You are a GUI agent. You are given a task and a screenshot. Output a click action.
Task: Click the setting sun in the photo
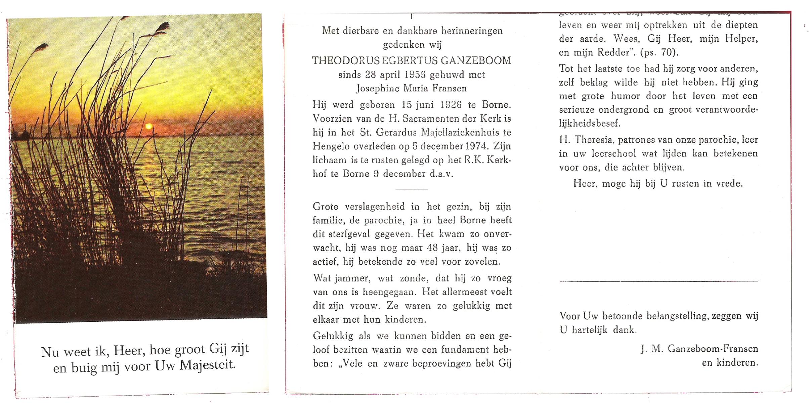click(x=148, y=126)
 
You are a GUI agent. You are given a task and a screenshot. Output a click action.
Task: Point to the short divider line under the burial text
click(x=412, y=189)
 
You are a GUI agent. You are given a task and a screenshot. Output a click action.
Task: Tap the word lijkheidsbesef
click(x=589, y=124)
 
